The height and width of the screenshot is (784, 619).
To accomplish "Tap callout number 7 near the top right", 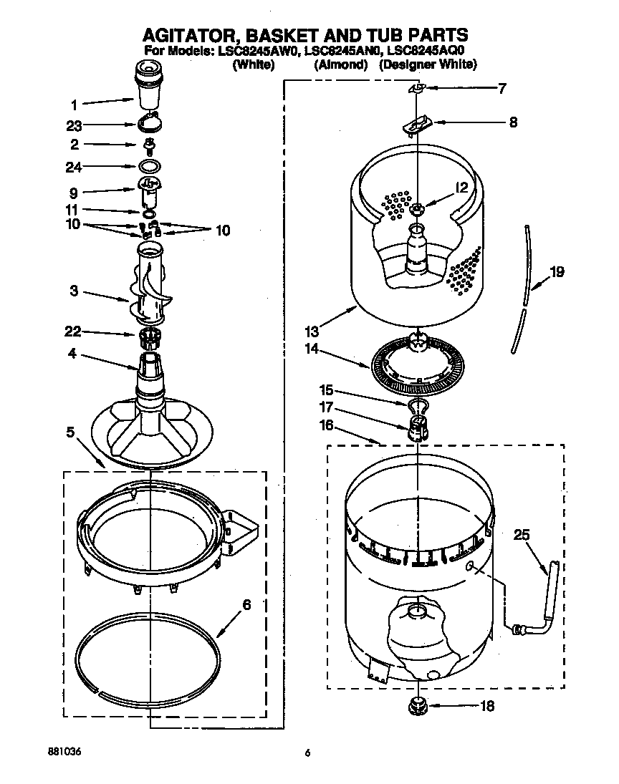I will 502,89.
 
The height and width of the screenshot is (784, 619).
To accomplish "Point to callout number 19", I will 557,272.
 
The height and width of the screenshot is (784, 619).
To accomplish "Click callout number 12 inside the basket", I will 461,188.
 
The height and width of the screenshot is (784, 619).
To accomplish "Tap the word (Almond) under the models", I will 340,65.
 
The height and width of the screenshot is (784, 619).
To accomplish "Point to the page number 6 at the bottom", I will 308,752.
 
